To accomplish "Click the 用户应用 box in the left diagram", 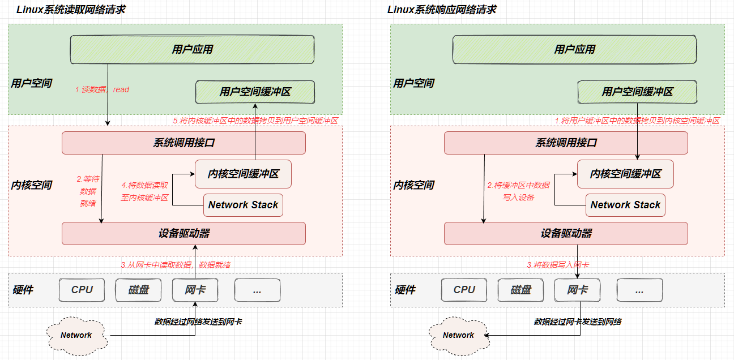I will point(192,49).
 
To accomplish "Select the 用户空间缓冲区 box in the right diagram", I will point(637,92).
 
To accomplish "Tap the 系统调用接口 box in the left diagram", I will point(183,143).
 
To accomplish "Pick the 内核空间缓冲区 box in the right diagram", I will point(625,174).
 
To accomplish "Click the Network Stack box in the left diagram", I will point(243,205).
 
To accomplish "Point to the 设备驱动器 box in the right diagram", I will point(566,233).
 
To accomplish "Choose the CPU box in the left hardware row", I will point(82,290).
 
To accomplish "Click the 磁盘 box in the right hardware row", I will point(520,290).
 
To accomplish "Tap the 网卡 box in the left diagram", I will point(195,290).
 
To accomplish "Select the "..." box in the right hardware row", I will point(639,290).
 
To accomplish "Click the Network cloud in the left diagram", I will point(76,335).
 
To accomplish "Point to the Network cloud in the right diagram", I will point(458,335).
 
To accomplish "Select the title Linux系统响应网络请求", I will point(442,10).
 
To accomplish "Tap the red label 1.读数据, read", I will point(102,89).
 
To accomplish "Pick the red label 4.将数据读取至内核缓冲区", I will point(145,191).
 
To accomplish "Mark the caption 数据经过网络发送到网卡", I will point(198,322).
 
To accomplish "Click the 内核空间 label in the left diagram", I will point(32,185).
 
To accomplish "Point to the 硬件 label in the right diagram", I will point(405,290).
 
